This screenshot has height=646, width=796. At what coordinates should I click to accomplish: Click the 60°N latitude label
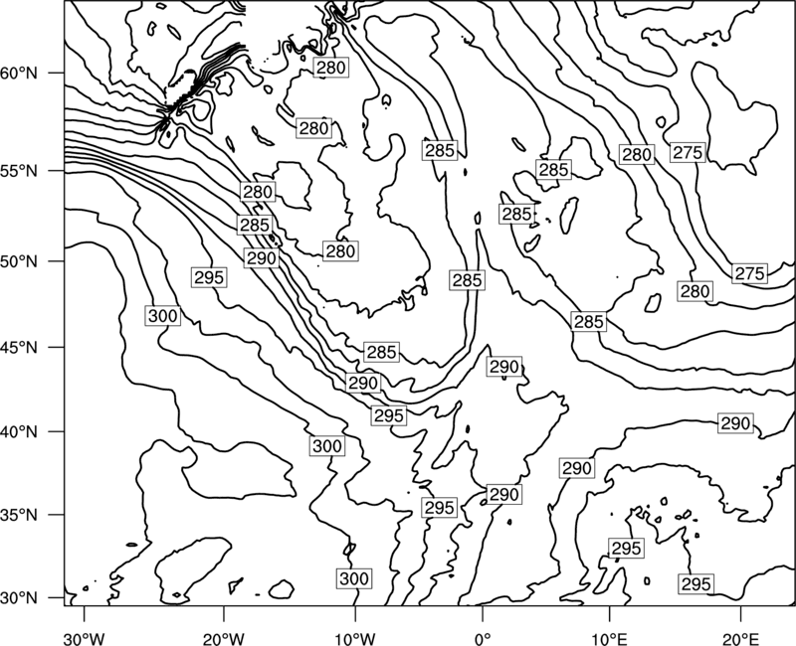click(19, 74)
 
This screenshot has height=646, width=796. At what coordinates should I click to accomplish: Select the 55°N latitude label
click(19, 171)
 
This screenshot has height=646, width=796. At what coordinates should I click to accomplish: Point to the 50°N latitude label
click(19, 261)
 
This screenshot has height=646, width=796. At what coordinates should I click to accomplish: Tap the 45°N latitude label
click(19, 347)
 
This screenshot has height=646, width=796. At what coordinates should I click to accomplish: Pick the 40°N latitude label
click(19, 431)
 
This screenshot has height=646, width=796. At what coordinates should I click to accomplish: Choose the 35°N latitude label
click(19, 515)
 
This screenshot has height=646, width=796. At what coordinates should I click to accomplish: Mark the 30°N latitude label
click(19, 598)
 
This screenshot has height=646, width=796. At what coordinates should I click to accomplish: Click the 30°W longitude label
click(84, 638)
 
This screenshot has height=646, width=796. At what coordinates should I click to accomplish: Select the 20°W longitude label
click(223, 638)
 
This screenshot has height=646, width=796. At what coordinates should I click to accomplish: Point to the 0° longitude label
click(483, 638)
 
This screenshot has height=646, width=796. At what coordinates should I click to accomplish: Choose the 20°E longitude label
click(740, 638)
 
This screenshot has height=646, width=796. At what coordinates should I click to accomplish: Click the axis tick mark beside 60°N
click(57, 73)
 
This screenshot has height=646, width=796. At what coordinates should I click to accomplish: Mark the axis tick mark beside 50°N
click(57, 261)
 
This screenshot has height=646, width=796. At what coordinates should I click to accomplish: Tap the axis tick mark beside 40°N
click(57, 431)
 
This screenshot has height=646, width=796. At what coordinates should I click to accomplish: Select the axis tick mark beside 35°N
click(57, 515)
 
